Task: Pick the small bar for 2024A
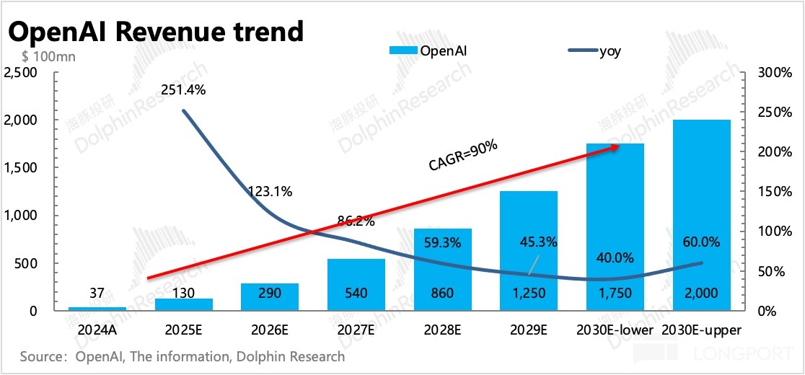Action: [x=97, y=309]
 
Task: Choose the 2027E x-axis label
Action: [x=356, y=330]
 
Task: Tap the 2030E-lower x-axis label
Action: [x=615, y=330]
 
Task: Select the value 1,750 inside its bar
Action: [x=615, y=294]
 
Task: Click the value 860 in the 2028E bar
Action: [x=442, y=294]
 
